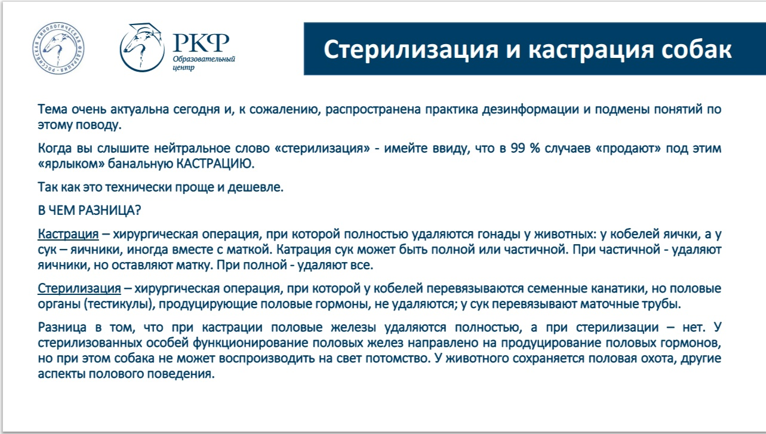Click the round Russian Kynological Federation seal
(59, 48)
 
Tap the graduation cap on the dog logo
(145, 30)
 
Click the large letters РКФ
(201, 42)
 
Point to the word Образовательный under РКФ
(204, 59)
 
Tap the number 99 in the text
(518, 148)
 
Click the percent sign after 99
(535, 148)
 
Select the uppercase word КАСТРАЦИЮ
(216, 164)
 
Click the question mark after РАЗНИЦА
(138, 210)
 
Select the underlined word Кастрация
(68, 234)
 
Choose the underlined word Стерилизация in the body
(79, 288)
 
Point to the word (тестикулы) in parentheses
(119, 304)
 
